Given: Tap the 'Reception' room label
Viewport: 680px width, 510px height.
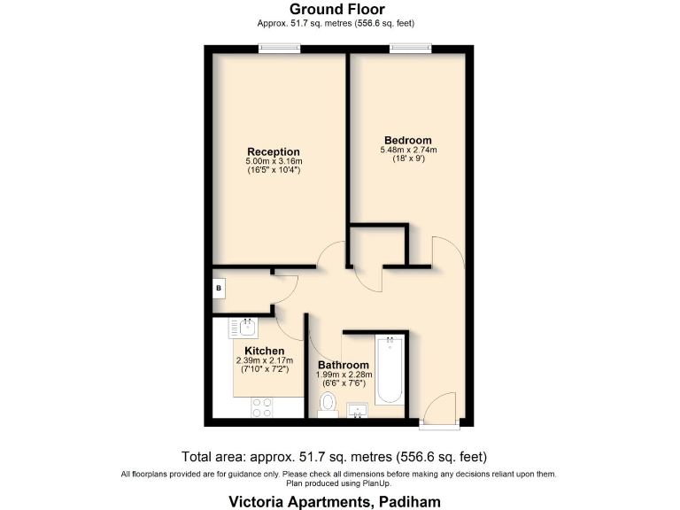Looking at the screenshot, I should [274, 151].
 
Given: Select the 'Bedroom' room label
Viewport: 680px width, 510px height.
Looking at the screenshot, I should [408, 140].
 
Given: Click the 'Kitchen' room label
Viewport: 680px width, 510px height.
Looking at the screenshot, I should [258, 351].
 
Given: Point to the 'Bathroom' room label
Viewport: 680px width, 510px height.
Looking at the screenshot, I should [344, 365].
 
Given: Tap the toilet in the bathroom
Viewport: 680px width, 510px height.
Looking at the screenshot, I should [328, 404].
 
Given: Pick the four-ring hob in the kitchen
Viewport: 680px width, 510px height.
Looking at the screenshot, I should [262, 407].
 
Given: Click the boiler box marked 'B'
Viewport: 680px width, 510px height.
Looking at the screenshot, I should [219, 289].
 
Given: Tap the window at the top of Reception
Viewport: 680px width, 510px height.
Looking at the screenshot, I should [279, 48].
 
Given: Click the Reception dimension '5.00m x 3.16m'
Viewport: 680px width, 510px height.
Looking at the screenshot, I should [274, 161].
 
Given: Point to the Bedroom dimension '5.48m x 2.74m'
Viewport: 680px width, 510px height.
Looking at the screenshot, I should [408, 151].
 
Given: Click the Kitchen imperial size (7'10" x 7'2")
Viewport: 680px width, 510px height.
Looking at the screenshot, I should [259, 370].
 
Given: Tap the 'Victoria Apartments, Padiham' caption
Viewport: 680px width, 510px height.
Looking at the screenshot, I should [339, 501].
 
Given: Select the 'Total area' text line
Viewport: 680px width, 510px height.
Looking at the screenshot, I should [339, 457].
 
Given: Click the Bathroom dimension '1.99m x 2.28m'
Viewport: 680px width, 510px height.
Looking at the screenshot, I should [344, 375].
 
